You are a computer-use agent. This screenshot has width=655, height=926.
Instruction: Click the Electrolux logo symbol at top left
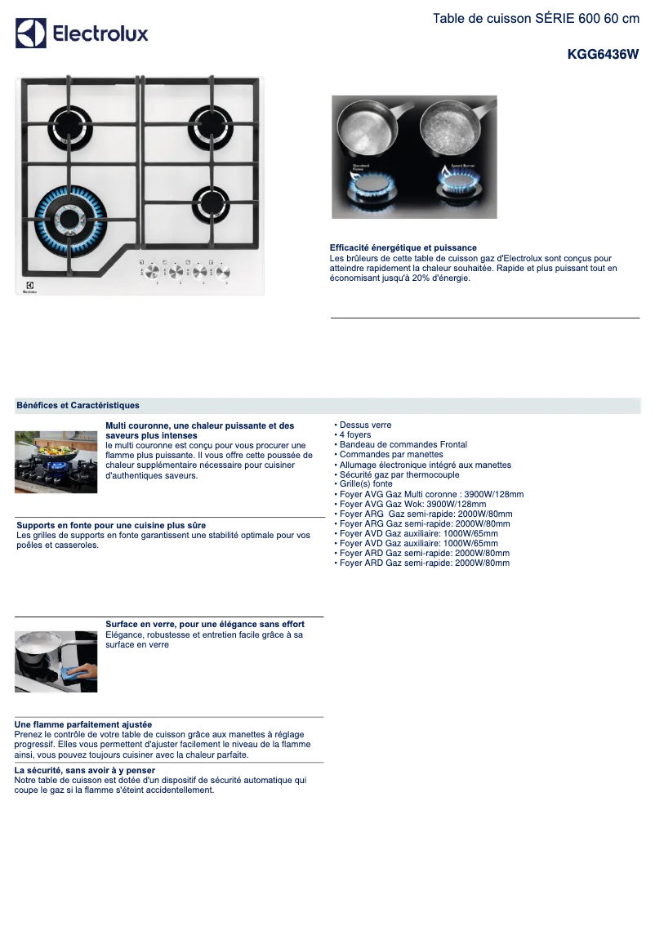(x=31, y=33)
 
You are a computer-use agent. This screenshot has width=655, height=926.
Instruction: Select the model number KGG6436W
(x=603, y=55)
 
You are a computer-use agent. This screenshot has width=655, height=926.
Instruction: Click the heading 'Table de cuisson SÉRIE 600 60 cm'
(x=536, y=19)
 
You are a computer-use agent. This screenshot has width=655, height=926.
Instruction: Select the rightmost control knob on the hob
(x=222, y=273)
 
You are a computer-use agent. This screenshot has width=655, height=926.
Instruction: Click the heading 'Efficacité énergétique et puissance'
(x=403, y=247)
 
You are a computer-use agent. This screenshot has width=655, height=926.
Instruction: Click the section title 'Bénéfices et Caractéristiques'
(x=78, y=405)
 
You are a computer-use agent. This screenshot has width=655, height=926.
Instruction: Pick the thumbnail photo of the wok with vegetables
(x=56, y=462)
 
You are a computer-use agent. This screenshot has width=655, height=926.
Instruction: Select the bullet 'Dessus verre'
(x=365, y=425)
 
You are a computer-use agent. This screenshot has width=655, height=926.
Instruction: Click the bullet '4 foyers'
(x=354, y=434)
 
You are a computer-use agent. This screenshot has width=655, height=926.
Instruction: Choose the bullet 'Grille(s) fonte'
(x=365, y=484)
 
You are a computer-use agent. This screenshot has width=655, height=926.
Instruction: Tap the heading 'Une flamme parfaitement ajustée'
(x=83, y=724)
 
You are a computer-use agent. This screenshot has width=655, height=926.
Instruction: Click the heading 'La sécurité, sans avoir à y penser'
(x=85, y=770)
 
